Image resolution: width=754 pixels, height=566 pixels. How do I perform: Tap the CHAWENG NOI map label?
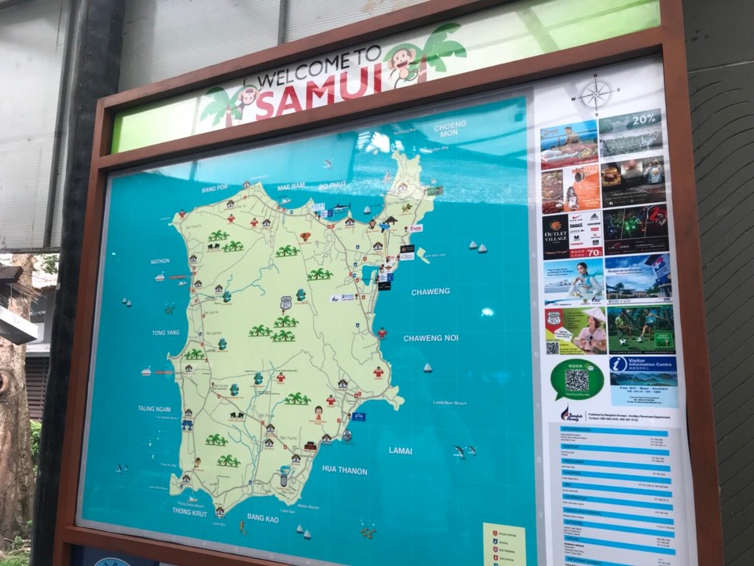click(x=430, y=338)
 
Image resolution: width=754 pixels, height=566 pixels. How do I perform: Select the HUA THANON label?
click(x=344, y=470)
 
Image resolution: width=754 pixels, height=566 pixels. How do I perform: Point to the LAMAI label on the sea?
click(x=401, y=450)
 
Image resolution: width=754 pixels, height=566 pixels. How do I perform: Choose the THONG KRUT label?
click(x=189, y=511)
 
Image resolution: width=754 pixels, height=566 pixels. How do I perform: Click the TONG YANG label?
click(x=165, y=333)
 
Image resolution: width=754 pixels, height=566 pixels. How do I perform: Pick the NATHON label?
click(x=160, y=261)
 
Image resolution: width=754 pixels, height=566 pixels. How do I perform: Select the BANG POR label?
click(x=214, y=189)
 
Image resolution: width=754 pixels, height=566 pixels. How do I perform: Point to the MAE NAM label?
click(x=291, y=186)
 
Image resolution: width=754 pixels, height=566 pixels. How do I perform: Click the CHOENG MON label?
click(x=450, y=128)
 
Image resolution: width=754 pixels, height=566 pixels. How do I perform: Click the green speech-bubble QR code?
click(x=577, y=380)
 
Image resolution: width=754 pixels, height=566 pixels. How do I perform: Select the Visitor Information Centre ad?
click(x=643, y=380)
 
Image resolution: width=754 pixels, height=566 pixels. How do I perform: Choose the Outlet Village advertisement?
click(x=572, y=233)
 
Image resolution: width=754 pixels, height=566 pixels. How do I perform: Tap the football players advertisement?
click(x=640, y=329)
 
